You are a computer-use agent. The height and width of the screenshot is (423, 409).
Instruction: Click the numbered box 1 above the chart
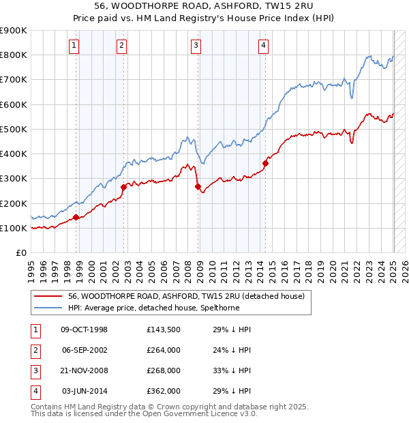(x=74, y=46)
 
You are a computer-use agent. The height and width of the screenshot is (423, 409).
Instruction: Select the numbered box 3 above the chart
(x=196, y=46)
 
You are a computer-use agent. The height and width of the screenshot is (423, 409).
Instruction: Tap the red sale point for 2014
(x=265, y=162)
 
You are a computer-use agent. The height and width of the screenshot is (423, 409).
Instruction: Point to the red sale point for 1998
(x=76, y=217)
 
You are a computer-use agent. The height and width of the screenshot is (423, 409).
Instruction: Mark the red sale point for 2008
(x=198, y=186)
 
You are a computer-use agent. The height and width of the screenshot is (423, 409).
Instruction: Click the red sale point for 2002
(x=123, y=187)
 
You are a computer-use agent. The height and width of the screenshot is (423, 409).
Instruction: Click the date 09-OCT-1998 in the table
(x=85, y=330)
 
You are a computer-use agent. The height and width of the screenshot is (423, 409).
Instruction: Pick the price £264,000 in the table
(x=164, y=350)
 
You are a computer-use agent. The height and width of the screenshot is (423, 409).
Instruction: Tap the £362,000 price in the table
(x=164, y=391)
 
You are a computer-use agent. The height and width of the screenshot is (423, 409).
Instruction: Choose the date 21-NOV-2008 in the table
(x=85, y=370)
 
